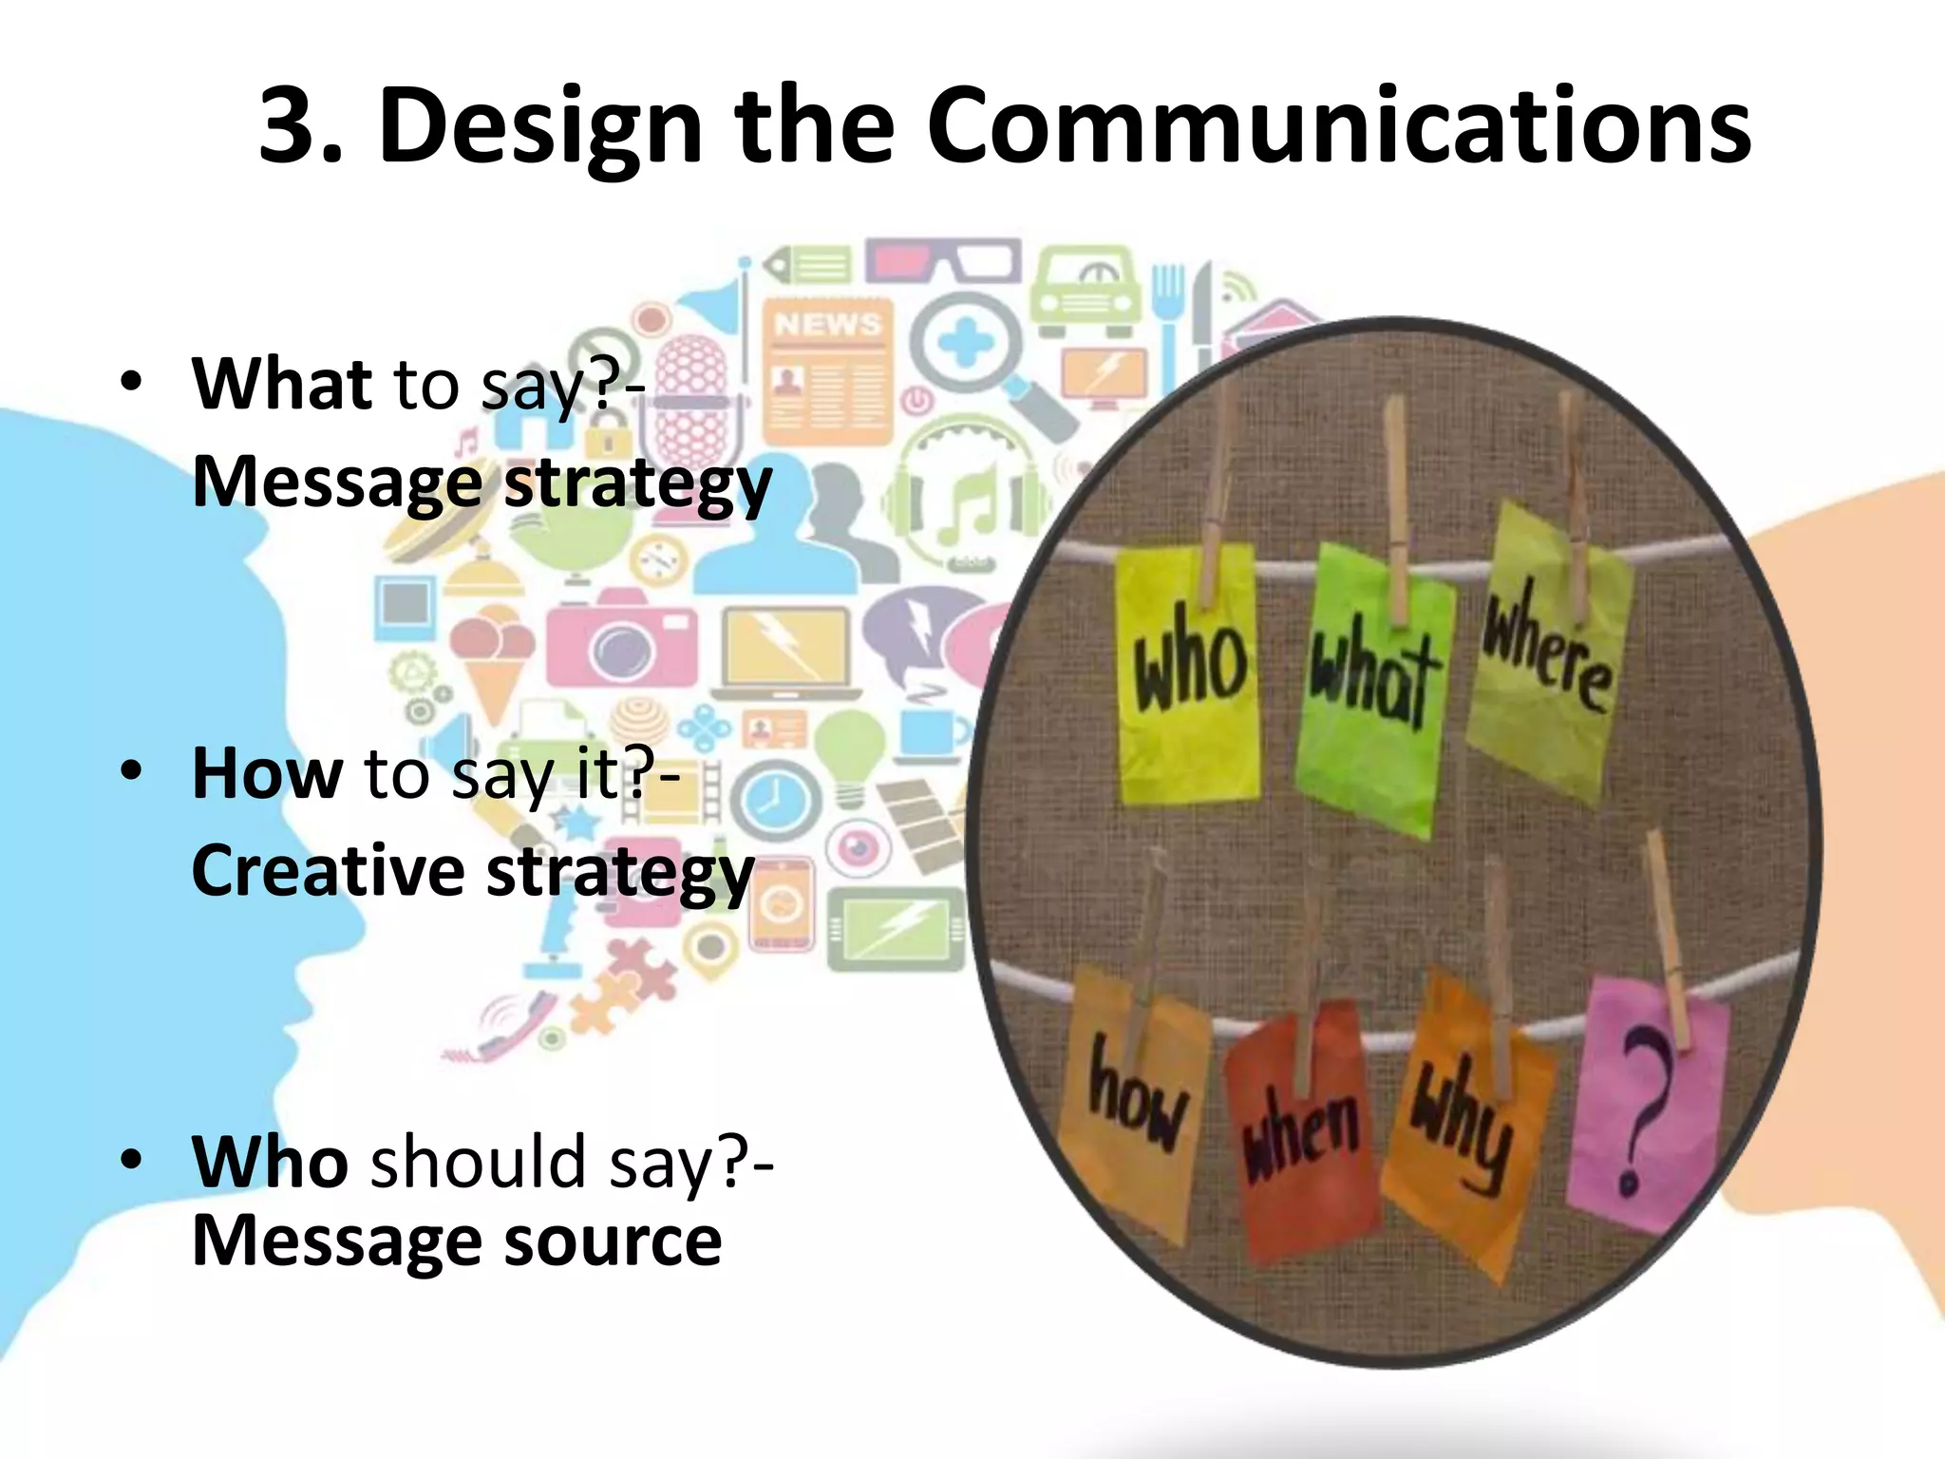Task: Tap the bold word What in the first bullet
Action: (282, 384)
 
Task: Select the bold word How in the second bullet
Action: (267, 773)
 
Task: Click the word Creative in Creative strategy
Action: (328, 871)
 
